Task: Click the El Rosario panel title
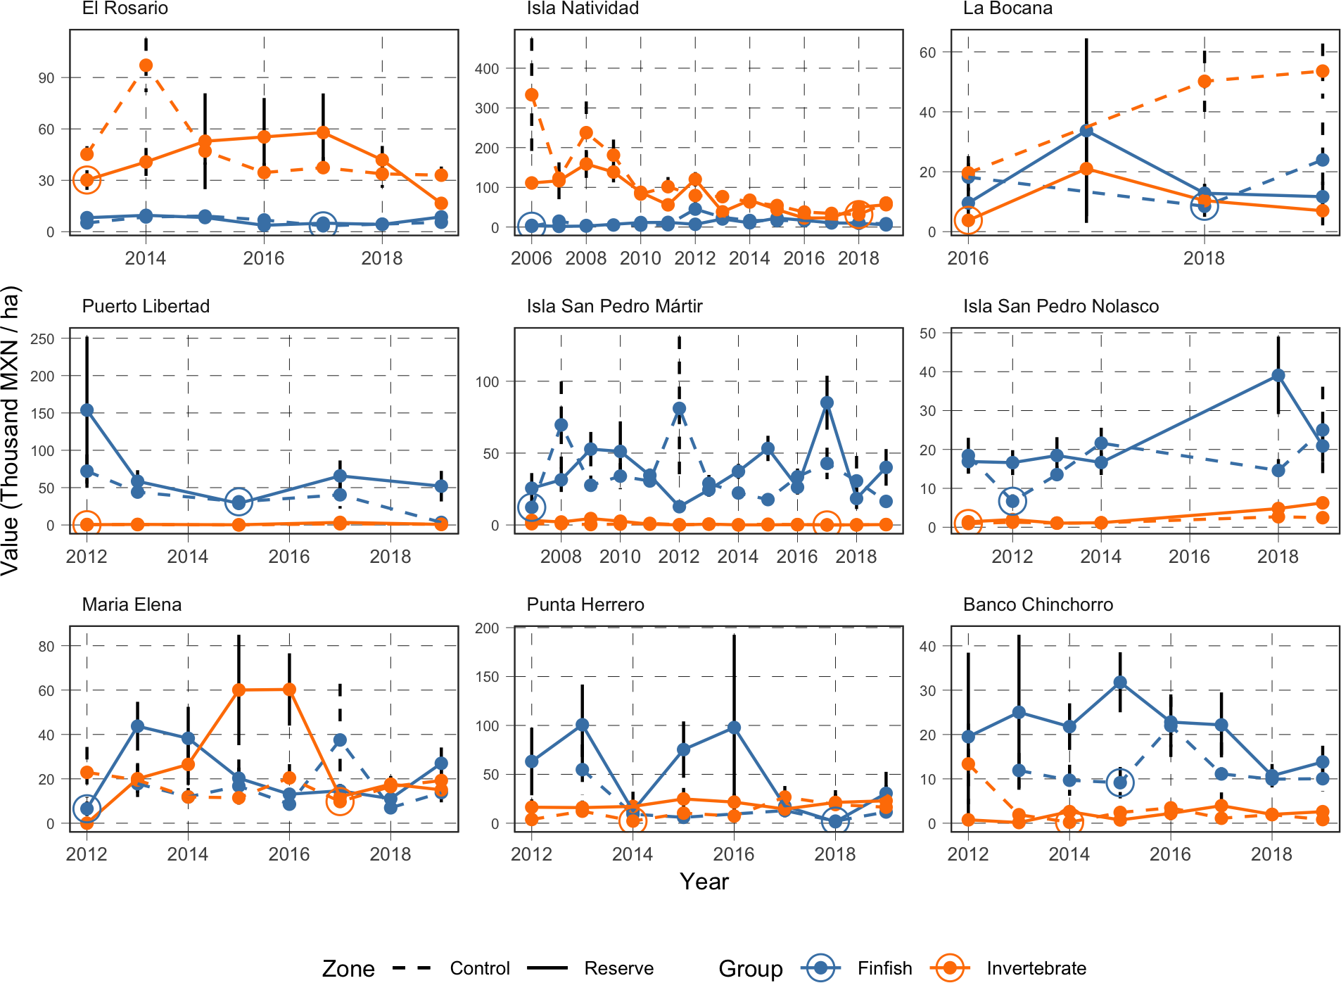(x=125, y=8)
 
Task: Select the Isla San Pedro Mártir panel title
(x=614, y=306)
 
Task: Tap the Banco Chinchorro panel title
(x=1038, y=604)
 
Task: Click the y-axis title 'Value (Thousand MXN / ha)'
(x=11, y=431)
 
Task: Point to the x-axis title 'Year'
(x=704, y=881)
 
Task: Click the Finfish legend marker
(x=820, y=968)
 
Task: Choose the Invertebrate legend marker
(x=950, y=968)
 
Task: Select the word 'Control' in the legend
(x=480, y=968)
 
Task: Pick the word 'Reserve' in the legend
(x=618, y=968)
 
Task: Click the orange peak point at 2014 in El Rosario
(x=146, y=65)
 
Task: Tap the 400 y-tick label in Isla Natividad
(x=487, y=69)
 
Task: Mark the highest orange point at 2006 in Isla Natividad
(x=532, y=95)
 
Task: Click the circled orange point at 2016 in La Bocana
(x=968, y=220)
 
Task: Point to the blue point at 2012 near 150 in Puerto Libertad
(x=87, y=410)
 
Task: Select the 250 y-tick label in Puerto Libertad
(x=42, y=338)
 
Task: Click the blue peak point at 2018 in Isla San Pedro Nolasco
(x=1278, y=376)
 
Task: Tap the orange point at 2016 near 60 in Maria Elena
(x=289, y=690)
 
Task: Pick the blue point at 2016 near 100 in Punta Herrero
(x=734, y=728)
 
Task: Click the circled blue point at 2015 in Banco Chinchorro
(x=1120, y=782)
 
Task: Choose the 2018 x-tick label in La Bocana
(x=1204, y=258)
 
